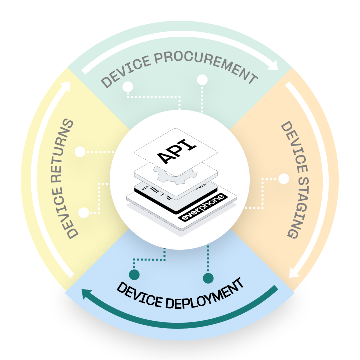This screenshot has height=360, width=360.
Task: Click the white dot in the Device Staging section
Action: pos(284,178)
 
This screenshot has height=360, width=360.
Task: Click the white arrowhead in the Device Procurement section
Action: pos(274,65)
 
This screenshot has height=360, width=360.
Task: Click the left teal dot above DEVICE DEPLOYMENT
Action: pos(134,274)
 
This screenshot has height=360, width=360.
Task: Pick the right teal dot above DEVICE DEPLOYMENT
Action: pos(208,277)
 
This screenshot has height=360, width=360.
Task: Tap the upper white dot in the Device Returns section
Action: pos(80,151)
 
